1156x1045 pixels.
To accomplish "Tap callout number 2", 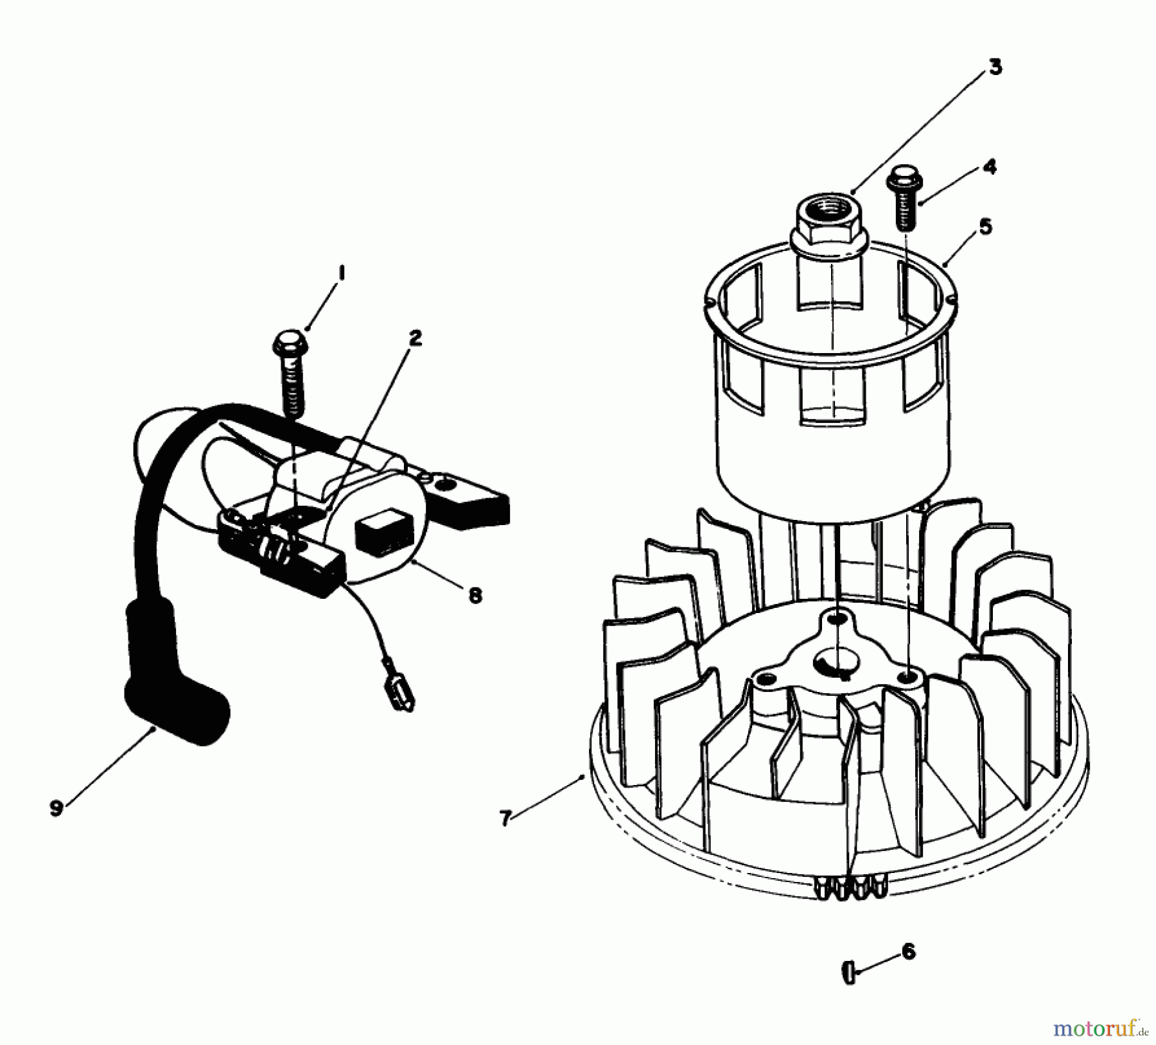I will pos(416,338).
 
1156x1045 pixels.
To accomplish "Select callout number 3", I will pos(995,67).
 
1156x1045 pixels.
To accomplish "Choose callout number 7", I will pos(505,818).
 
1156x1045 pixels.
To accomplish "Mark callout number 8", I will pos(475,596).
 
